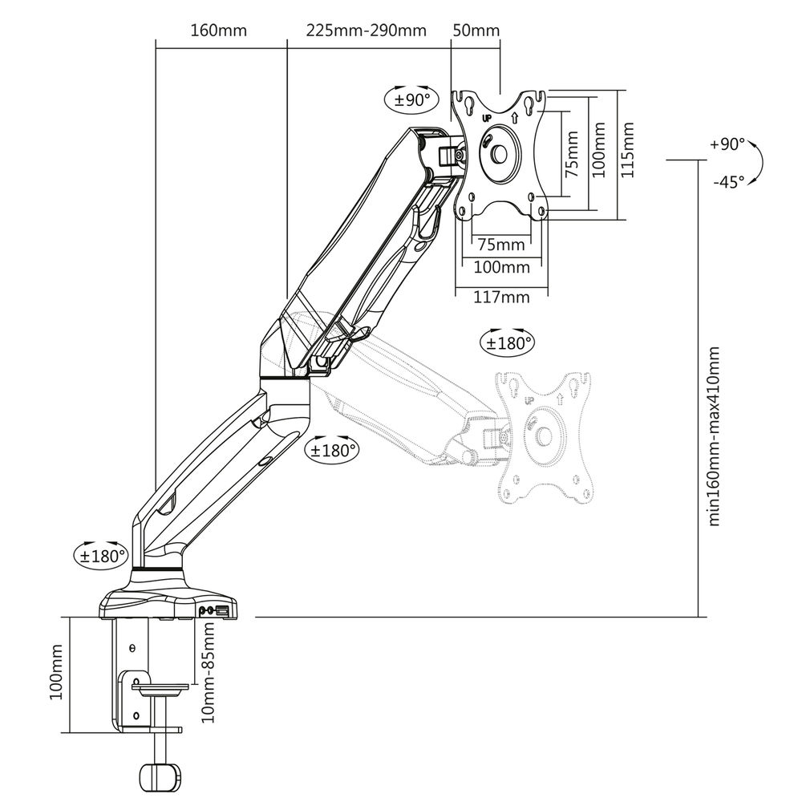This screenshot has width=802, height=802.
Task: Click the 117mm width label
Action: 501,298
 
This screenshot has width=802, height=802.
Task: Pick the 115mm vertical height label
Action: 628,150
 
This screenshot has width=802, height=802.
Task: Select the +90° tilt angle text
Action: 727,144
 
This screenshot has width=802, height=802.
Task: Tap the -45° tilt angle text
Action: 728,181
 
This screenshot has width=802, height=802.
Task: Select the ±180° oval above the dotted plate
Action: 507,342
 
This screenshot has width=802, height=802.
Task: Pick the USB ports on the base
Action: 214,611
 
